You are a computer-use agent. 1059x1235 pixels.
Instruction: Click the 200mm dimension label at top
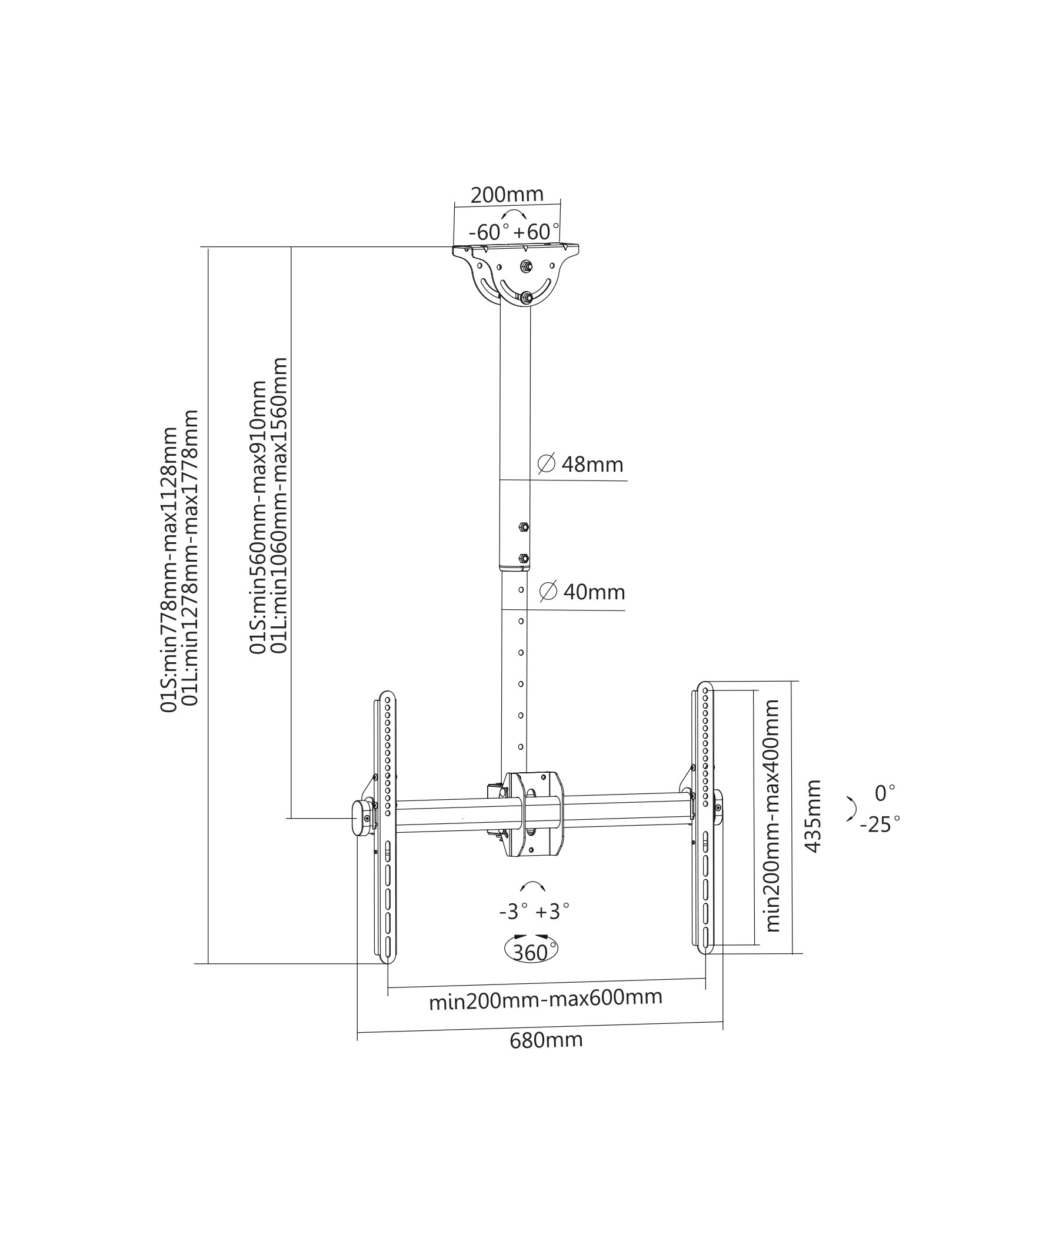pyautogui.click(x=507, y=195)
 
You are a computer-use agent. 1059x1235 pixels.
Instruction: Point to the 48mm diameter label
pyautogui.click(x=580, y=464)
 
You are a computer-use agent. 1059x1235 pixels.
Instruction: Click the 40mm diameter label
pyautogui.click(x=582, y=591)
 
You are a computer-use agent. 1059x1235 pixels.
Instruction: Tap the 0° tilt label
pyautogui.click(x=885, y=793)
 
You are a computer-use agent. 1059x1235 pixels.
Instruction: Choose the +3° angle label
pyautogui.click(x=552, y=913)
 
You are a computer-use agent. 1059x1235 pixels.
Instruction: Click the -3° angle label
pyautogui.click(x=514, y=913)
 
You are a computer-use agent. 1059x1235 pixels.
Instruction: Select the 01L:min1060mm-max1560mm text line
pyautogui.click(x=279, y=505)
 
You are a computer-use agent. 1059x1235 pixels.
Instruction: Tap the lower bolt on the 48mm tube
pyautogui.click(x=524, y=559)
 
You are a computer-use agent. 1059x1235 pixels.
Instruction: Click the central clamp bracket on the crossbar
pyautogui.click(x=533, y=813)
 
